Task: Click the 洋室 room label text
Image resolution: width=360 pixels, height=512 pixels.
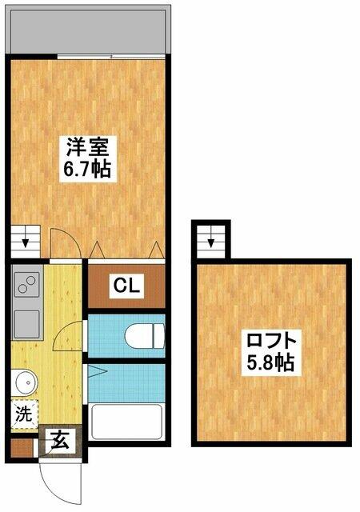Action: point(87,146)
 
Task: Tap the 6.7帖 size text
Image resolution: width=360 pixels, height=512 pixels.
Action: point(87,169)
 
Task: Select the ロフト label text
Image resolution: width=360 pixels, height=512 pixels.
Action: point(271,341)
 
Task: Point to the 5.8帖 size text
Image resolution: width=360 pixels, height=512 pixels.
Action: point(270,362)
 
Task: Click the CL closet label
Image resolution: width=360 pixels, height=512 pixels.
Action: point(126,286)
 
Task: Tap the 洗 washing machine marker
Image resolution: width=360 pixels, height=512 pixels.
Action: point(24,414)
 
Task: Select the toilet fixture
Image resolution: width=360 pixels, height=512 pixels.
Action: point(144,336)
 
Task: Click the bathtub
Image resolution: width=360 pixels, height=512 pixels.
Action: point(126,422)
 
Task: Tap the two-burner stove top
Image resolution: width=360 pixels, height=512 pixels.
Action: point(26,284)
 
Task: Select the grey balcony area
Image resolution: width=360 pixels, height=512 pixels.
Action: point(88,30)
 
